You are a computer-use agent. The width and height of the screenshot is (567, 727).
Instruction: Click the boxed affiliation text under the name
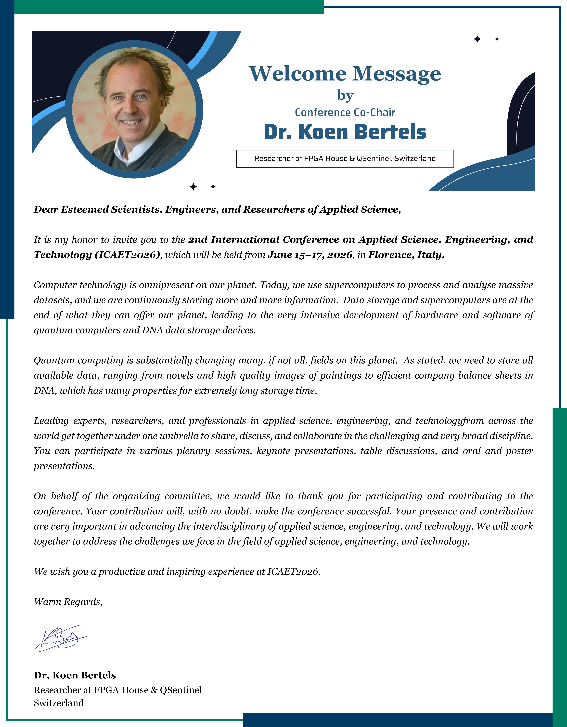point(345,159)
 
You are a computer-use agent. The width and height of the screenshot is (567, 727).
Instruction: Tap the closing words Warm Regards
point(68,602)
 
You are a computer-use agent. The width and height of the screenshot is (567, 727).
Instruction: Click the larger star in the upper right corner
point(477,39)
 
